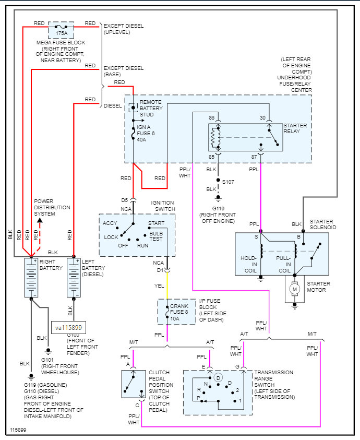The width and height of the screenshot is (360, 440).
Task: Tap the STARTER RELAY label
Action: tap(295, 129)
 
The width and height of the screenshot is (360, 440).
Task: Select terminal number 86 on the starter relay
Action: tap(211, 118)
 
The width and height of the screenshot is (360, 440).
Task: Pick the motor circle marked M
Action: tap(294, 289)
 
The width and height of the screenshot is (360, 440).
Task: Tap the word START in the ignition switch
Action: tap(156, 223)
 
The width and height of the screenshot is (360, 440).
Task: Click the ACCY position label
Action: tap(110, 223)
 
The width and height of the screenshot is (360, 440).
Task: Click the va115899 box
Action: tap(70, 327)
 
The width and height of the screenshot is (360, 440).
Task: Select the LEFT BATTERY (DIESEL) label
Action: tap(94, 267)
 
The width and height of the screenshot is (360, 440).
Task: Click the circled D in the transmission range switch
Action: tap(218, 376)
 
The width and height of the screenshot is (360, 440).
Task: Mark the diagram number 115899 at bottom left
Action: tap(18, 431)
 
